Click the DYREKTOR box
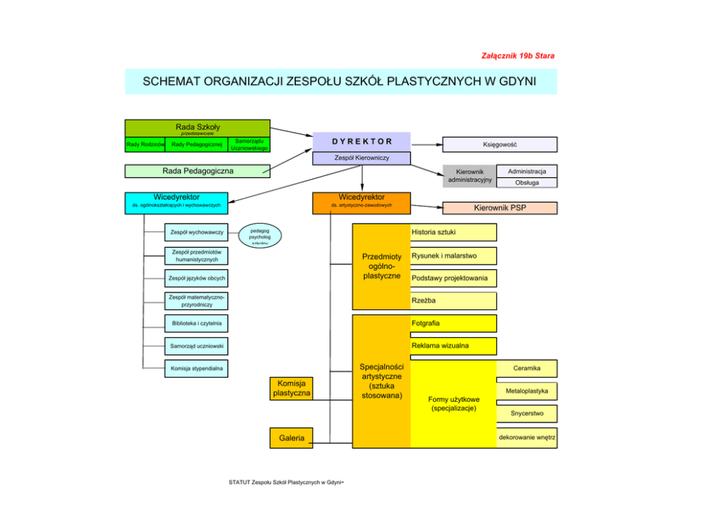tap(361, 141)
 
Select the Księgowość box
tap(499, 144)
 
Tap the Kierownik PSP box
tap(500, 208)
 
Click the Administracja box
tap(526, 172)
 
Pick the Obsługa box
tap(526, 183)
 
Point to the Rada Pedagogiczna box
tap(197, 171)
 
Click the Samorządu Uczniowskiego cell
tap(248, 144)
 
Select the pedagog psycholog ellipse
tap(259, 235)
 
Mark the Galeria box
tap(291, 438)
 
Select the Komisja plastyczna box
tap(291, 389)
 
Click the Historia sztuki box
tap(453, 232)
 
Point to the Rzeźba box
tap(453, 301)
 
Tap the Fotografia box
tap(453, 323)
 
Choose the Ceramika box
tap(527, 368)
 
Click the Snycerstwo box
tap(527, 414)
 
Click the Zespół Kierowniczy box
tap(361, 158)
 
